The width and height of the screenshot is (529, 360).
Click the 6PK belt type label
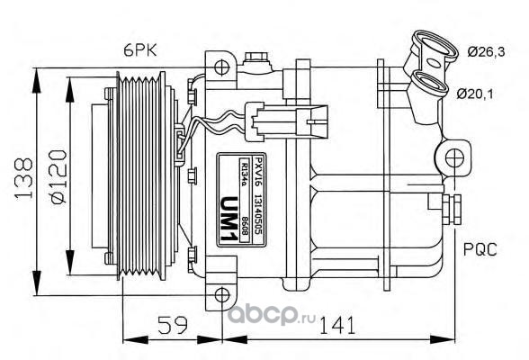pos(140,51)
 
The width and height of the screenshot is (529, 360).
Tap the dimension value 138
pos(23,178)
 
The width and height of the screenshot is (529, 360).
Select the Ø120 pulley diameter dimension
pos(58,176)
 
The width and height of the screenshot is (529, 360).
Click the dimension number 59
pos(173,324)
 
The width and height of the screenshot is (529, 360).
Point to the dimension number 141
pos(337,324)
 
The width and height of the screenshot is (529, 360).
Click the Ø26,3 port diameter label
pos(486,52)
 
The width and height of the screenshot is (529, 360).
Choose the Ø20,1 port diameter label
pos(475,94)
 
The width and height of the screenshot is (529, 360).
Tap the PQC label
pos(480,249)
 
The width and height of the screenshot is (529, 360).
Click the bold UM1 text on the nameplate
pos(229,219)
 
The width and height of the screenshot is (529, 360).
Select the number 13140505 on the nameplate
pos(258,214)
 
